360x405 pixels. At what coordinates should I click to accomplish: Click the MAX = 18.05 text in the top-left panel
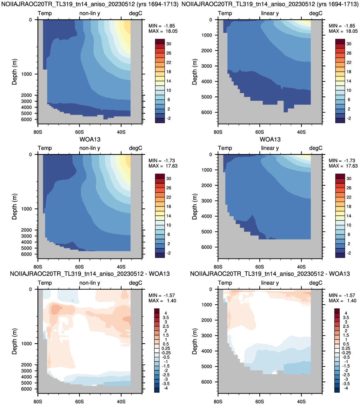[x=163, y=31]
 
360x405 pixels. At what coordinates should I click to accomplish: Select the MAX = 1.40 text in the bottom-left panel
[x=162, y=300]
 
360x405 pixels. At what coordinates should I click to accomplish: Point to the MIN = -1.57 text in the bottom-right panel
[x=342, y=295]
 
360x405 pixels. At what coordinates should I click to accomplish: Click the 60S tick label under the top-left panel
[x=79, y=132]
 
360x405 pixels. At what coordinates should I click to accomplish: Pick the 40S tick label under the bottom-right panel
[x=301, y=402]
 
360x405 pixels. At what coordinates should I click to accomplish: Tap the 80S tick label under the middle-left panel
[x=38, y=267]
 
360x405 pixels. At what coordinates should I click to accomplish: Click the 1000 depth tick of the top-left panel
[x=26, y=74]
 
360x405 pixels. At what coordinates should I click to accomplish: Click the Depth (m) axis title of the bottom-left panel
[x=14, y=341]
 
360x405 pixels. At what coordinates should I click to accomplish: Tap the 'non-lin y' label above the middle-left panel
[x=90, y=148]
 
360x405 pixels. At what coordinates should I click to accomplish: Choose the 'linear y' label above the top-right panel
[x=270, y=13]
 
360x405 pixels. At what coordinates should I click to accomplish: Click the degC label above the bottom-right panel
[x=316, y=283]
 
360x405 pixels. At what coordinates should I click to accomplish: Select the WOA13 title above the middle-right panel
[x=270, y=139]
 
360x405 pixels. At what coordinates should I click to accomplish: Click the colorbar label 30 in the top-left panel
[x=169, y=44]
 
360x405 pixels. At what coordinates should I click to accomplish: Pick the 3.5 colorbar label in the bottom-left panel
[x=166, y=317]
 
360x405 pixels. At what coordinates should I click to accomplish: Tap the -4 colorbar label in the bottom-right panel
[x=346, y=388]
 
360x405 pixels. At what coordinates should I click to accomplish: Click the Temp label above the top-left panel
[x=45, y=13]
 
